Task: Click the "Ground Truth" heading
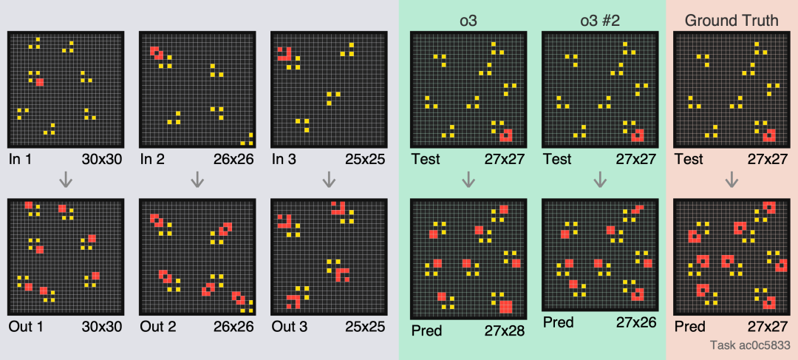point(731,20)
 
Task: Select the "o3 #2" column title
point(599,20)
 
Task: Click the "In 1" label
point(21,159)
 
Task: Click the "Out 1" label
point(25,326)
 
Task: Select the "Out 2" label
point(157,326)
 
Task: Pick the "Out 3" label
point(289,326)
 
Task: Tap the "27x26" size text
point(636,322)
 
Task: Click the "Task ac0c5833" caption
point(750,345)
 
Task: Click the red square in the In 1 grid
point(40,82)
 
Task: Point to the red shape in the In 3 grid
point(284,53)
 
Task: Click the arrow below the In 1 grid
point(66,179)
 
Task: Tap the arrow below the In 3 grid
point(329,179)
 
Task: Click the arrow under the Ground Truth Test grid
point(731,179)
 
